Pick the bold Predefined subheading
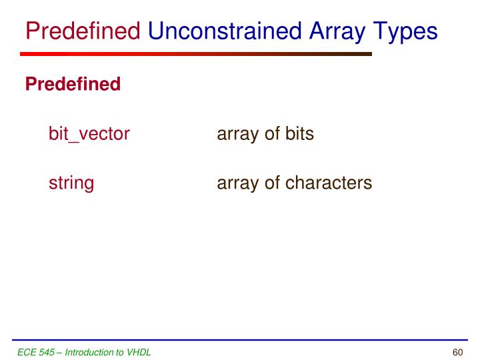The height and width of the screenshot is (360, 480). tap(73, 85)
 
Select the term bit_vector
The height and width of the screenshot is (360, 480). tap(89, 134)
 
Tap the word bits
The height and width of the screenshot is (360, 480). tap(299, 134)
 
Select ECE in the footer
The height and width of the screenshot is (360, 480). tap(27, 351)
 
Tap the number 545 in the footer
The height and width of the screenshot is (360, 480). tap(46, 351)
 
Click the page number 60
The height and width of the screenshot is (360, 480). tap(457, 351)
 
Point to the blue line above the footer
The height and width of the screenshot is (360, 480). tap(240, 340)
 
